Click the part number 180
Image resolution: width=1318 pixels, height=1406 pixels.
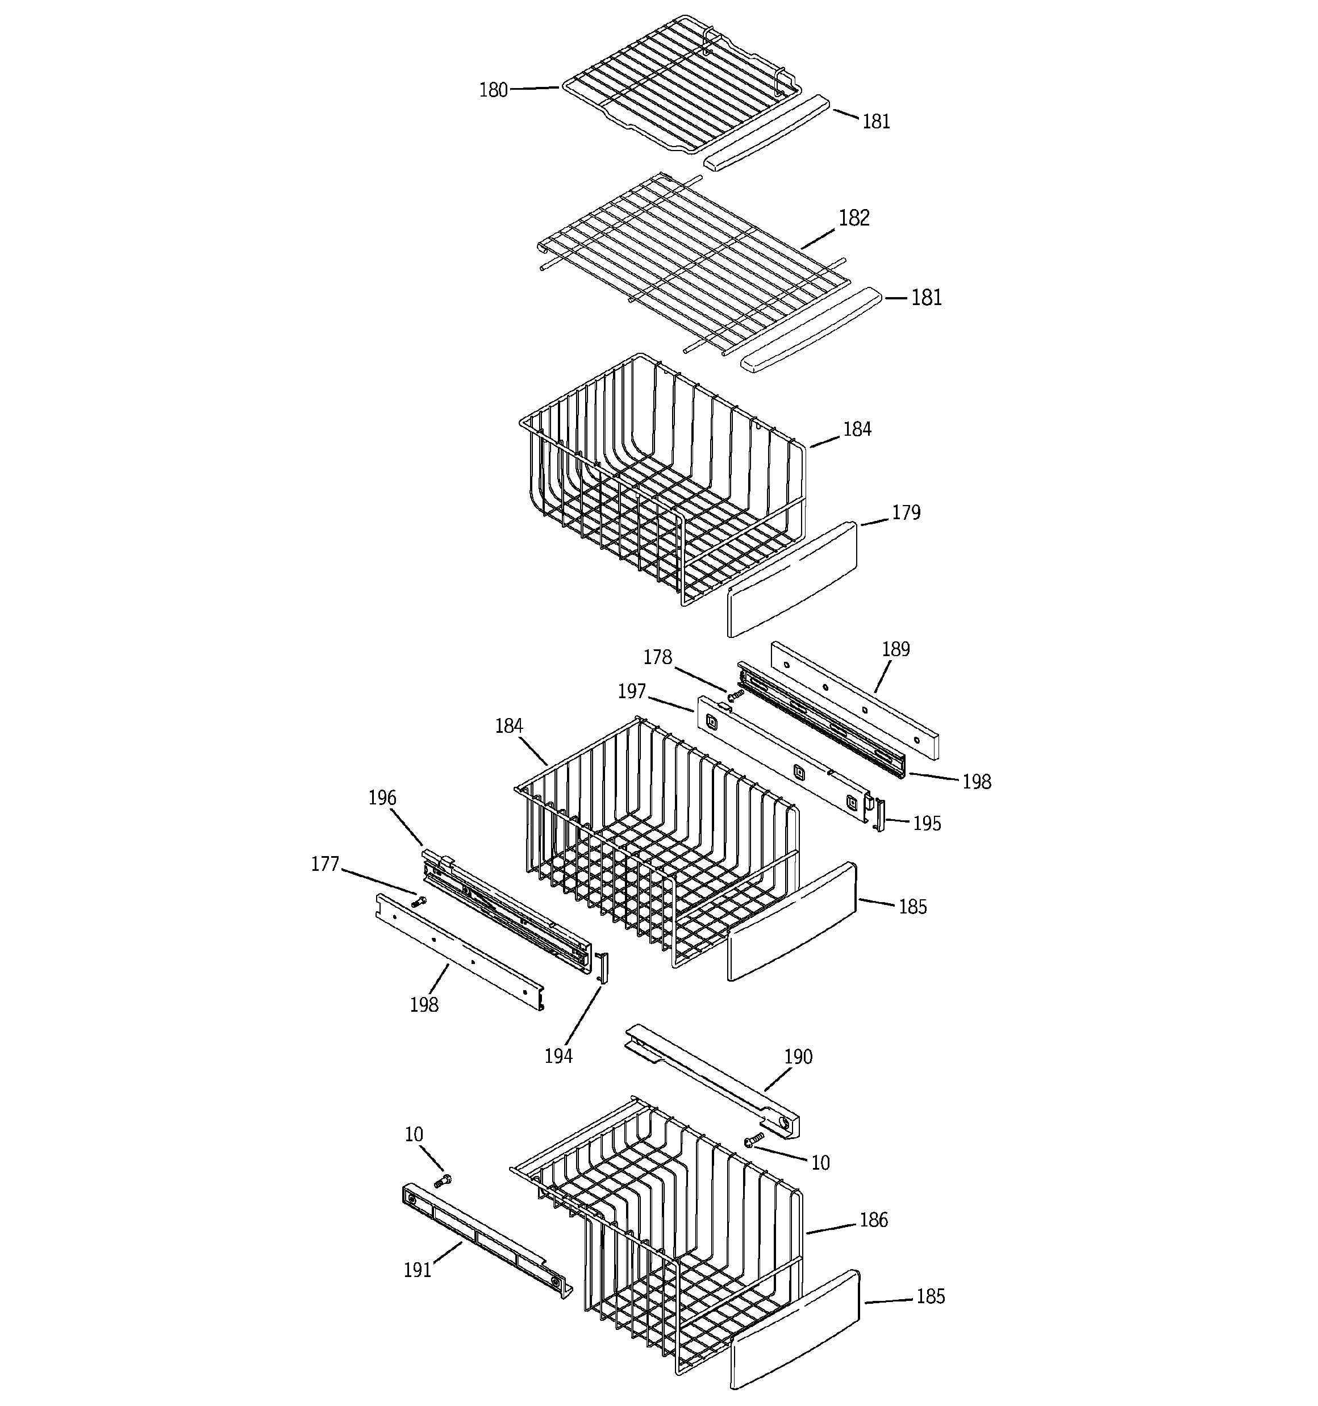493,90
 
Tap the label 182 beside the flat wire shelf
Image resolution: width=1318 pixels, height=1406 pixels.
854,218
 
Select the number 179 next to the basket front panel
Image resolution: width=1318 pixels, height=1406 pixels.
906,513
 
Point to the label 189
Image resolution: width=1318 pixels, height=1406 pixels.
896,649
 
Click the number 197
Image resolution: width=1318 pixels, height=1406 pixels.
632,691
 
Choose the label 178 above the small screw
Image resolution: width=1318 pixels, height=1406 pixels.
657,658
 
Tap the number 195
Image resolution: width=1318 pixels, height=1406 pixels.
927,823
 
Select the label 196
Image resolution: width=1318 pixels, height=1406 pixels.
382,798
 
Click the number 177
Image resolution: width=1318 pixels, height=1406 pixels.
326,864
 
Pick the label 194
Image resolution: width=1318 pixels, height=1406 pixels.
558,1057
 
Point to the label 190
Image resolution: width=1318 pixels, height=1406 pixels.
798,1057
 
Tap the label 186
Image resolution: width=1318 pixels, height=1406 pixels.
874,1220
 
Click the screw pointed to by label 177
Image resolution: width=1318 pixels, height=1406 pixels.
419,902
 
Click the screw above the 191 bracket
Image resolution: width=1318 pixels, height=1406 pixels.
444,1180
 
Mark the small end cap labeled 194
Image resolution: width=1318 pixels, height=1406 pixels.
603,967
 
